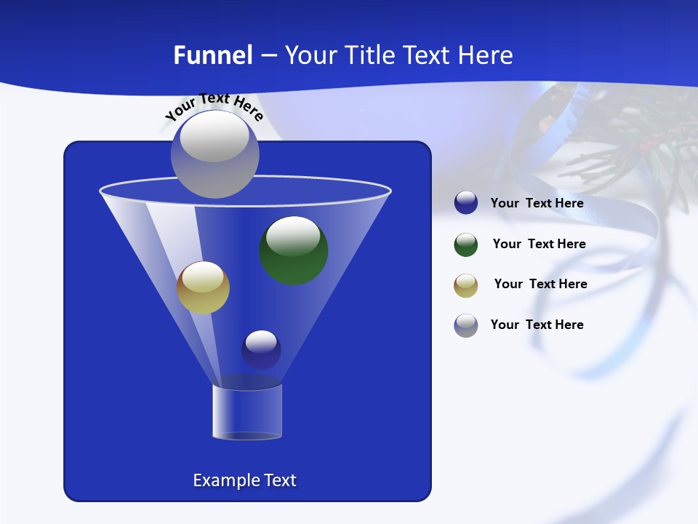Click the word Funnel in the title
click(x=212, y=55)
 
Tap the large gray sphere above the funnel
click(x=214, y=154)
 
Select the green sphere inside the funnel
click(x=294, y=250)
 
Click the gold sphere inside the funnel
click(x=203, y=287)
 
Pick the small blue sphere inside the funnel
click(x=261, y=350)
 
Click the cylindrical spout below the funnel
click(x=247, y=412)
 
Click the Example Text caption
click(x=244, y=480)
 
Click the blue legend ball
click(x=466, y=203)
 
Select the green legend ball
click(x=466, y=245)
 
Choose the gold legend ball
click(x=466, y=285)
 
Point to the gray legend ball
click(x=466, y=325)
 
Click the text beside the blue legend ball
click(x=537, y=203)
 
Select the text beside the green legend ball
click(x=539, y=244)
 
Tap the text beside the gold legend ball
click(x=540, y=284)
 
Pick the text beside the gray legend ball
click(x=537, y=325)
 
